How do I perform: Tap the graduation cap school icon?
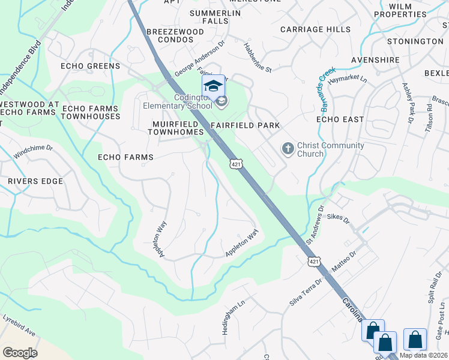click(213, 86)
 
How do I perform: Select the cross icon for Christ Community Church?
click(288, 148)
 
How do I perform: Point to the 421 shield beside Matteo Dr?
click(314, 262)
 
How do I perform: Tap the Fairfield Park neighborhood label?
click(246, 125)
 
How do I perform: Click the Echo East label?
click(340, 119)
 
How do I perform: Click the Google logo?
click(20, 352)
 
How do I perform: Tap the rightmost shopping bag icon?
click(415, 340)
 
